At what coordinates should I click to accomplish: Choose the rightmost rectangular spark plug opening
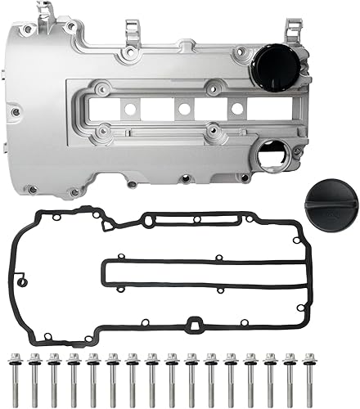[x=236, y=108]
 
